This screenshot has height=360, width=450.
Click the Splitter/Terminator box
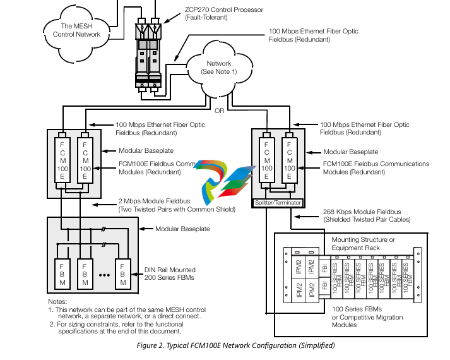tap(278, 203)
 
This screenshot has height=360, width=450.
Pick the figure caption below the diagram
tap(235, 345)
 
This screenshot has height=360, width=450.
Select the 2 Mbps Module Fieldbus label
tap(176, 205)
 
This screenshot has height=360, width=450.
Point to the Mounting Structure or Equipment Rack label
tap(364, 243)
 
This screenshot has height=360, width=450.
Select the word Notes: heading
tap(57, 301)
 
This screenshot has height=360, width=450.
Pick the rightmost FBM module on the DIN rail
tap(123, 273)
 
